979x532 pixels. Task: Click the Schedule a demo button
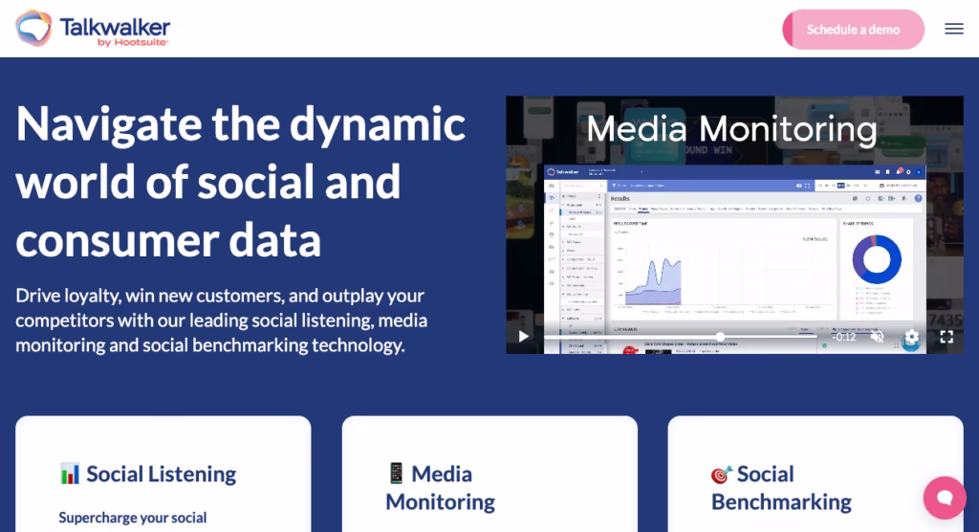(853, 30)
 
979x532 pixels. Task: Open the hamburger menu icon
(953, 29)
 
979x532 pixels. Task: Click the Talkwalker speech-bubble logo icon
(34, 29)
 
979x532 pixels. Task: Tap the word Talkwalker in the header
(115, 25)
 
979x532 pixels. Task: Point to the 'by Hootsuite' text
(134, 43)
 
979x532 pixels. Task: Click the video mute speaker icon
(877, 337)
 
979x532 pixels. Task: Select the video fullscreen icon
(946, 337)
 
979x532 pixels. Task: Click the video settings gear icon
(911, 337)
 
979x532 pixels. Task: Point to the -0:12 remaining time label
(843, 337)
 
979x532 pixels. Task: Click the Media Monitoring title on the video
(731, 129)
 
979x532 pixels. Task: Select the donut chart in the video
(877, 259)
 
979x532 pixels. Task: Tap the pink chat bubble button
(944, 498)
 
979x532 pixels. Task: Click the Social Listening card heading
(161, 474)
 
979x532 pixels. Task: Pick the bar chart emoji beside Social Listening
(70, 474)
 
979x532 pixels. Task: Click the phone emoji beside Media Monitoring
(396, 474)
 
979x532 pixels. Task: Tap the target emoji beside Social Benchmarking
(721, 475)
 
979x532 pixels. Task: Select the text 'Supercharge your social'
(133, 518)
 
